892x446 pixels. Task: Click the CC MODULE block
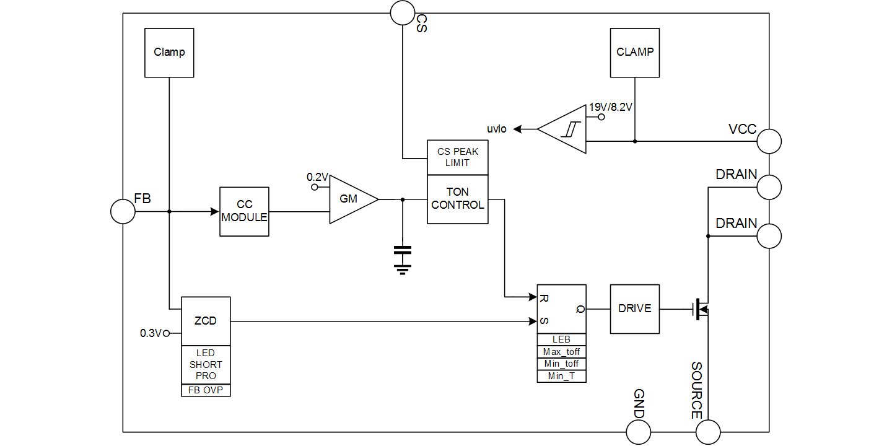point(244,211)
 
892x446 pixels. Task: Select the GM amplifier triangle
point(350,199)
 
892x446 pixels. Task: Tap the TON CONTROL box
point(458,199)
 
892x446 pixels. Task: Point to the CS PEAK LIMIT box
point(458,157)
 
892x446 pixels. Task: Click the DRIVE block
point(634,308)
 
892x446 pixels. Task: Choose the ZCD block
point(205,321)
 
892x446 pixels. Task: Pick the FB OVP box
point(205,390)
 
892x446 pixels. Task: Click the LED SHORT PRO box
point(205,365)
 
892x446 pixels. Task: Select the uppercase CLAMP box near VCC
point(634,53)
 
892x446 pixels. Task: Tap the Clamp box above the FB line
point(169,53)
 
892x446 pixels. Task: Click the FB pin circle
point(123,211)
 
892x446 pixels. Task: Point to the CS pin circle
point(402,12)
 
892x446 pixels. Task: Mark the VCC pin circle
point(769,141)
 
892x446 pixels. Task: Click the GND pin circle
point(639,432)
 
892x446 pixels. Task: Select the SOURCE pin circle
point(708,432)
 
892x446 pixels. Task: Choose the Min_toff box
point(561,364)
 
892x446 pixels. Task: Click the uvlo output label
point(497,129)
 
